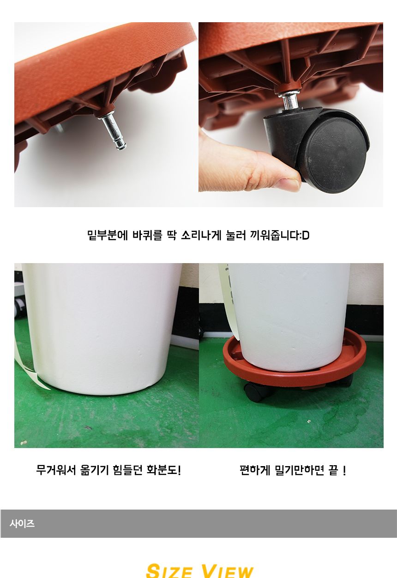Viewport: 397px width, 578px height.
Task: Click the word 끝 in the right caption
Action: [x=333, y=470]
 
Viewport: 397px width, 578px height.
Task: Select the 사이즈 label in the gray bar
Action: [x=22, y=523]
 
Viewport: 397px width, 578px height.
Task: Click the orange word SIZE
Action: [x=169, y=572]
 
